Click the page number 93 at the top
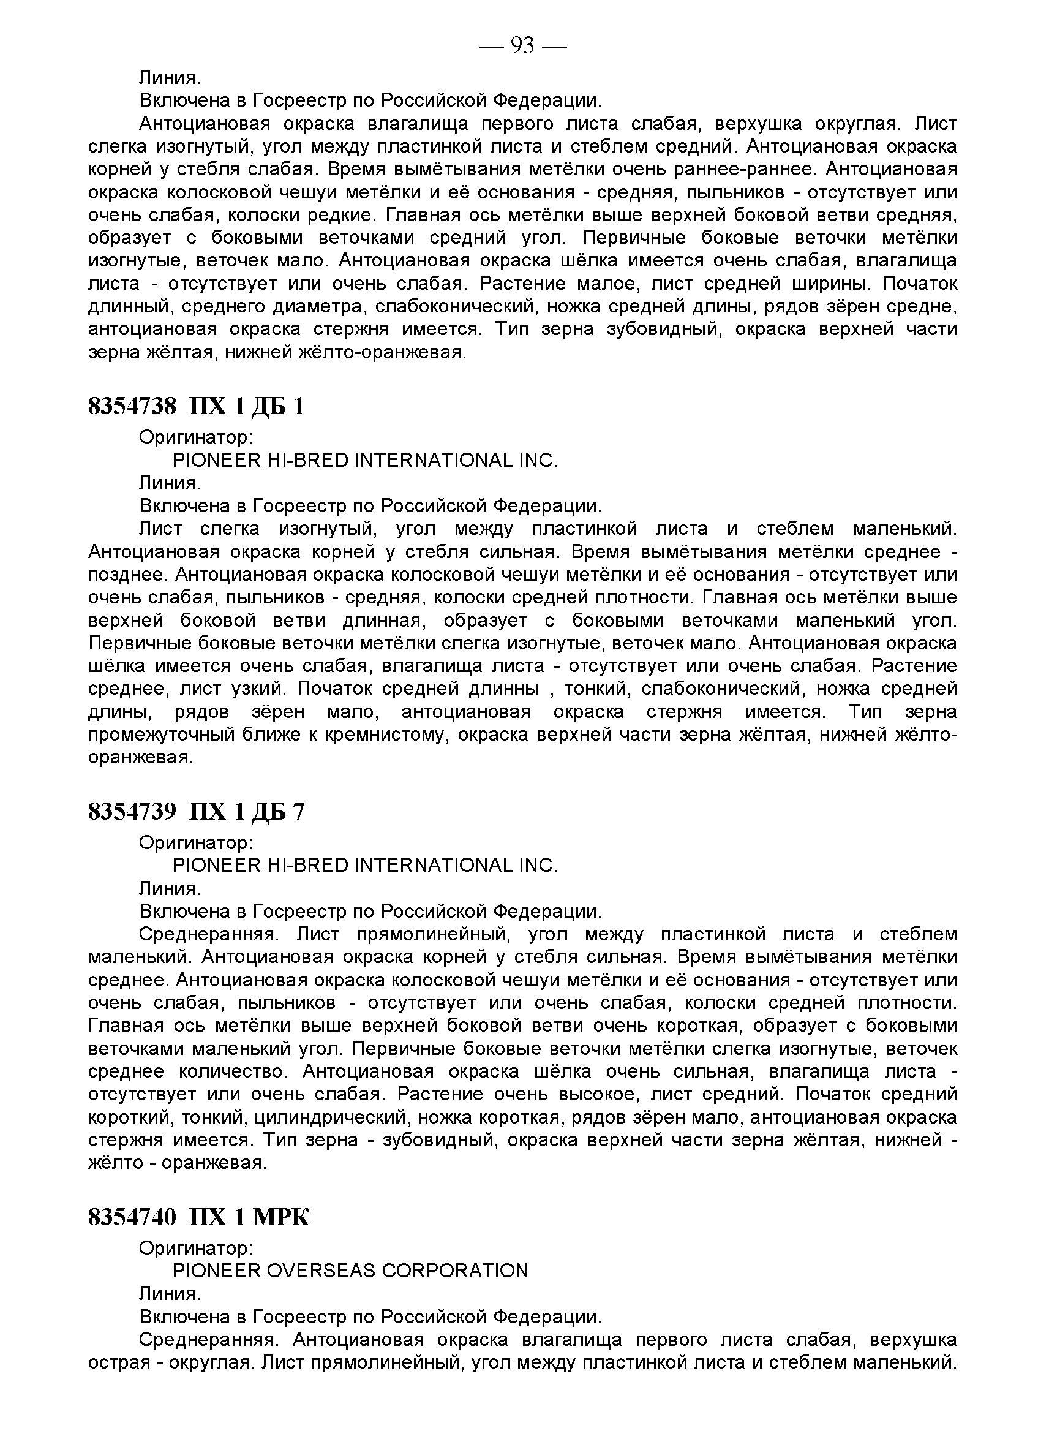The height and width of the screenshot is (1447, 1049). tap(522, 45)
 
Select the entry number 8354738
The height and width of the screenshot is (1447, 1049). tap(132, 406)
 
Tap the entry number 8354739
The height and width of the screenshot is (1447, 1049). tap(132, 812)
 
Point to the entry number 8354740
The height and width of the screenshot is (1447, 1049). tap(132, 1217)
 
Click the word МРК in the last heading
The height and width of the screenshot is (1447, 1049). tap(281, 1217)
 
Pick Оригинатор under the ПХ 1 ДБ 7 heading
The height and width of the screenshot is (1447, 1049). tap(196, 843)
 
